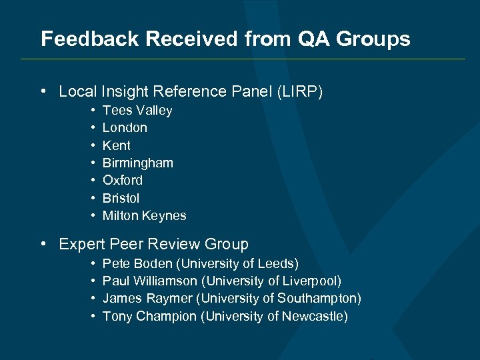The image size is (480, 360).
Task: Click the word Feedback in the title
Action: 90,39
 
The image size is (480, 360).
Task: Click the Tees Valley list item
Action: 137,111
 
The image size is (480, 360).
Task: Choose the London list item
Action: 125,128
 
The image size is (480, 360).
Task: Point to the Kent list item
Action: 117,145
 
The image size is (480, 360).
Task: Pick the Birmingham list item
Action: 137,163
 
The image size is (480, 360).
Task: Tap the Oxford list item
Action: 123,181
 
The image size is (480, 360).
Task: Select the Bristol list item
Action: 121,198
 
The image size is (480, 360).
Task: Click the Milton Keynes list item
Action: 145,215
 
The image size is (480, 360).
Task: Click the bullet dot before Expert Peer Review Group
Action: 43,244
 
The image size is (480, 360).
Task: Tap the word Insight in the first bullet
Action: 127,91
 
